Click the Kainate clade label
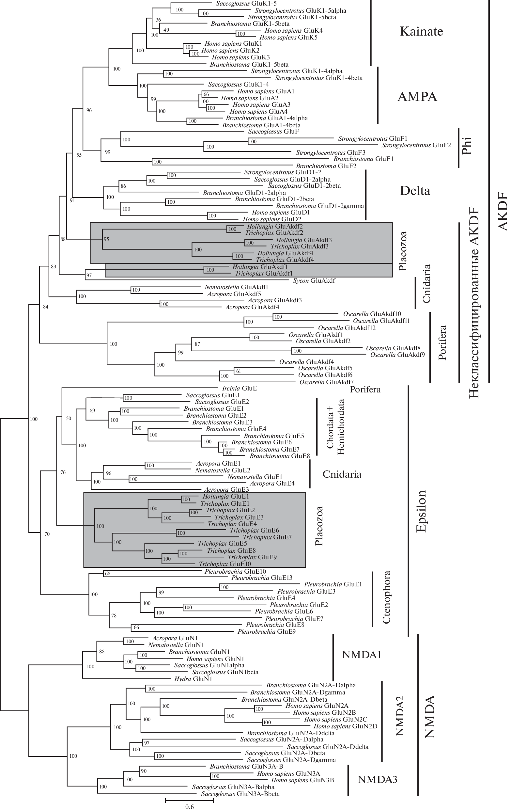[421, 31]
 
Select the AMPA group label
[417, 97]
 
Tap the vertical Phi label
[467, 146]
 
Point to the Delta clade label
[415, 191]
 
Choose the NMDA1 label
[361, 655]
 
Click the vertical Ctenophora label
[386, 597]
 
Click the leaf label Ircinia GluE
[239, 388]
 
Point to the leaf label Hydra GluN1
[193, 679]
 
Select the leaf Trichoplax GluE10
[225, 564]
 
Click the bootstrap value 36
[158, 20]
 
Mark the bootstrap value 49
[166, 30]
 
